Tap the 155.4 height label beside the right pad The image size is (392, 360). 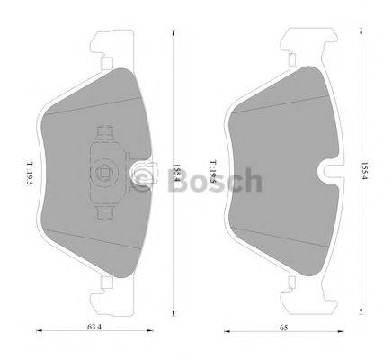click(x=363, y=171)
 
